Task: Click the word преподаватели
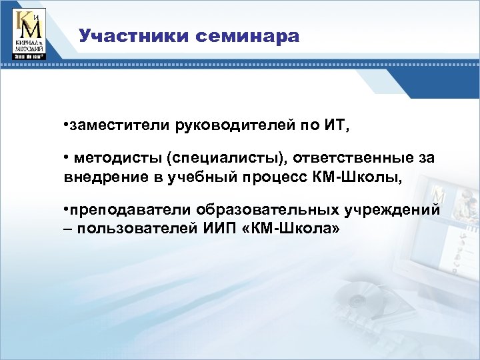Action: coord(129,210)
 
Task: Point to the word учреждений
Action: coord(393,210)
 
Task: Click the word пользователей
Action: coord(129,229)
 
